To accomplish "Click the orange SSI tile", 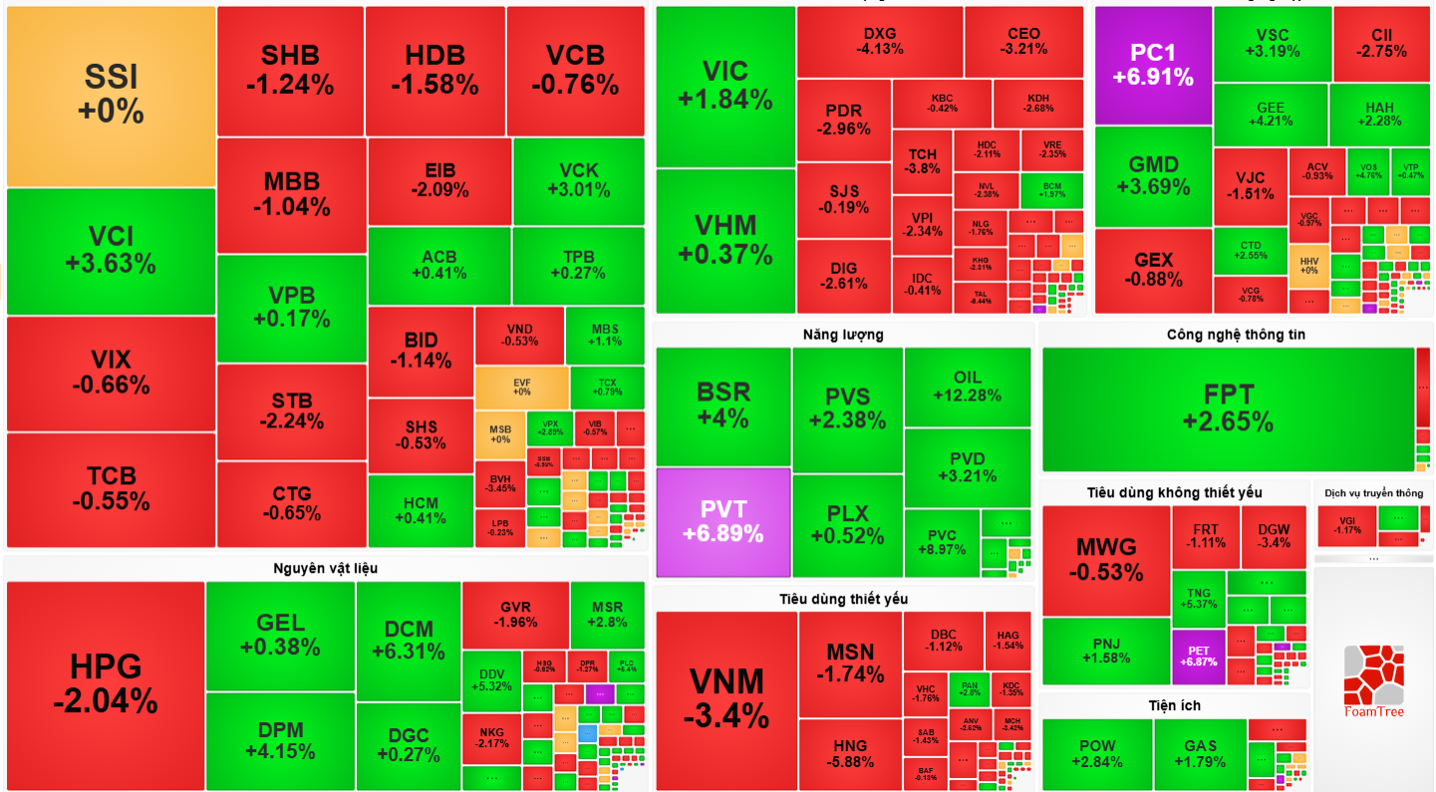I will point(111,96).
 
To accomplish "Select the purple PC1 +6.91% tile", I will point(1153,65).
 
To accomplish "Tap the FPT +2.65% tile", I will point(1228,408).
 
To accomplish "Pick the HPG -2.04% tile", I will point(105,684).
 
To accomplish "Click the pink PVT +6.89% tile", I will point(722,521).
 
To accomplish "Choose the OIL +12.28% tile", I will point(967,386).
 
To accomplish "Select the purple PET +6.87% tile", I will point(1198,657).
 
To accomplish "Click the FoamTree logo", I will point(1373,679).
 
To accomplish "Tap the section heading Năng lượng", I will point(843,335).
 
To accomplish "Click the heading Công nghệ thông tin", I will point(1235,335).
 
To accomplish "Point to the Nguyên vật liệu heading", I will point(325,568).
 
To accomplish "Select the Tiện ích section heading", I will point(1174,705).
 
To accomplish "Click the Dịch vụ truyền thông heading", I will point(1373,492).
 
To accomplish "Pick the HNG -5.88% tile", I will point(849,753).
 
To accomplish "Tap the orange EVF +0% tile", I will point(521,387).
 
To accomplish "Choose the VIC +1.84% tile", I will point(724,85).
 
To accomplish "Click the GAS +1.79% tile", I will point(1200,754).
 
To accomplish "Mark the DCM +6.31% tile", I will point(408,640).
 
